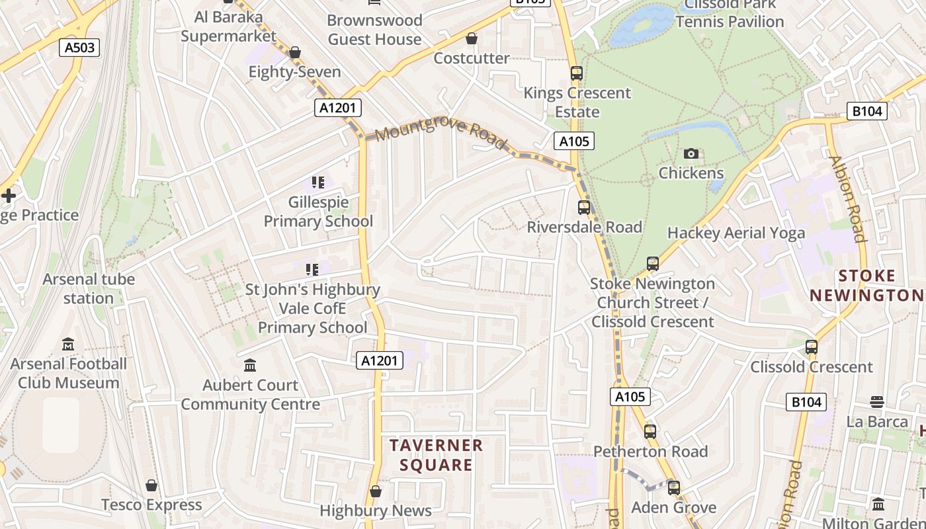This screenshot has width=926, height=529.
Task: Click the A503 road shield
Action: pyautogui.click(x=79, y=48)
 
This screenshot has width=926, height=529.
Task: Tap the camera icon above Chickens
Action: pyautogui.click(x=691, y=154)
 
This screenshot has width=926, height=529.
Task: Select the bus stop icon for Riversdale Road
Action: pyautogui.click(x=583, y=208)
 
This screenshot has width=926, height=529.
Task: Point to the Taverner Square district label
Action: pyautogui.click(x=436, y=455)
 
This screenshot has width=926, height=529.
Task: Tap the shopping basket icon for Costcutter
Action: pyautogui.click(x=472, y=39)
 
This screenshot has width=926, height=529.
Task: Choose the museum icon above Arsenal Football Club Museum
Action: pyautogui.click(x=68, y=345)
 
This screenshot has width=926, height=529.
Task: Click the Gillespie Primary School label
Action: pyautogui.click(x=318, y=212)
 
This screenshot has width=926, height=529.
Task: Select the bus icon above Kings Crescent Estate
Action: pyautogui.click(x=577, y=73)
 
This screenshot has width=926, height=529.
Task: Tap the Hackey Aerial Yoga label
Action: pyautogui.click(x=736, y=233)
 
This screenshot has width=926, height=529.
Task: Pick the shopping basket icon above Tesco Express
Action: pyautogui.click(x=151, y=486)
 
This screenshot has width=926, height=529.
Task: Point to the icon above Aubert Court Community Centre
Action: pyautogui.click(x=250, y=366)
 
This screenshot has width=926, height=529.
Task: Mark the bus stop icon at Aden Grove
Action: pyautogui.click(x=674, y=488)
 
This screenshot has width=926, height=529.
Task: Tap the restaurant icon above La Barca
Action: pyautogui.click(x=877, y=402)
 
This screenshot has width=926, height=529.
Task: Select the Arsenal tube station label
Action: pyautogui.click(x=89, y=289)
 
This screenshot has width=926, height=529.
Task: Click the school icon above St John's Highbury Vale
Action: pyautogui.click(x=312, y=270)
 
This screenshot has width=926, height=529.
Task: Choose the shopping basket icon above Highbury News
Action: pyautogui.click(x=376, y=491)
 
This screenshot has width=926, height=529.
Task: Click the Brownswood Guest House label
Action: pyautogui.click(x=374, y=30)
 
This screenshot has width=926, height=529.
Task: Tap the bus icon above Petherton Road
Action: pyautogui.click(x=650, y=432)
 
